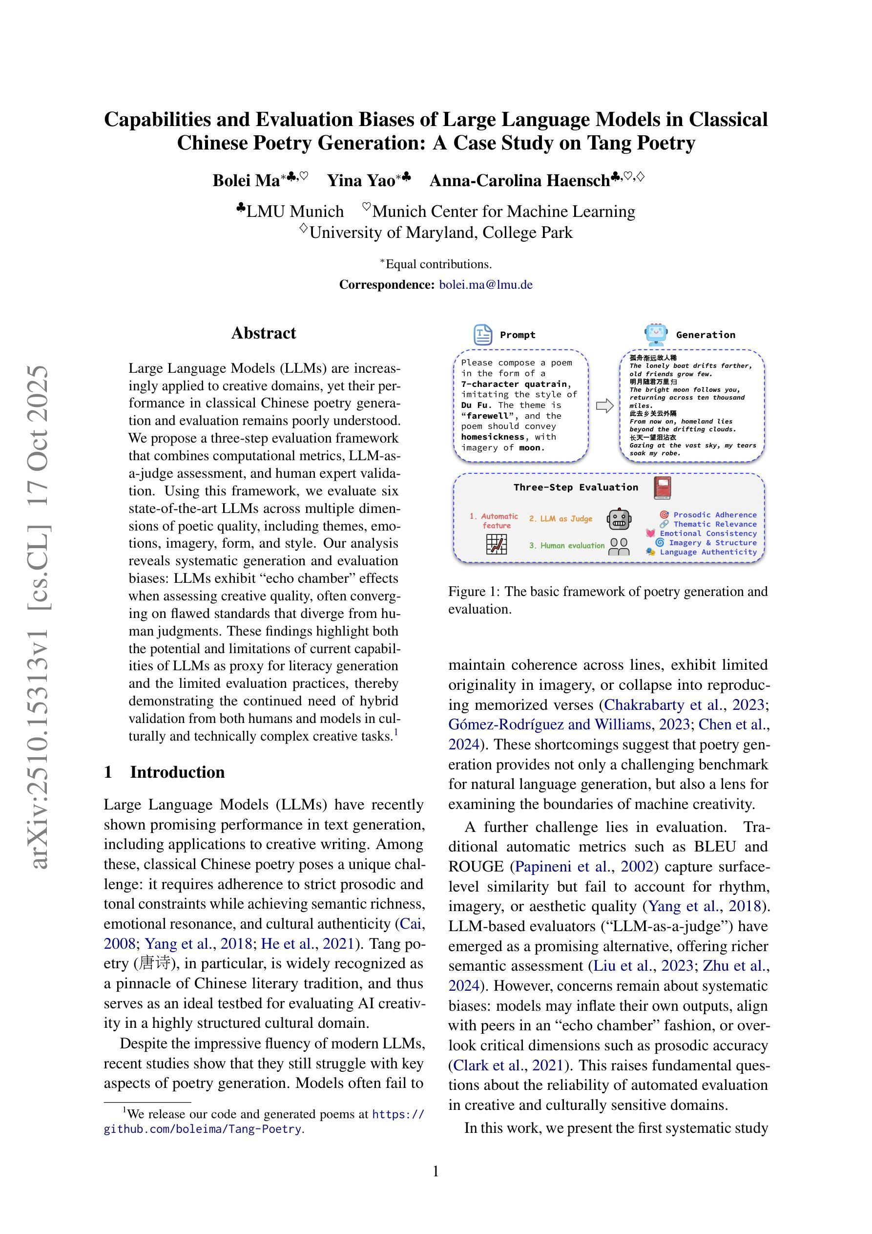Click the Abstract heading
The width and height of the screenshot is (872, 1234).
click(x=263, y=333)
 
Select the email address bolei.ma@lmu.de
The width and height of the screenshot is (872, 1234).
click(x=486, y=285)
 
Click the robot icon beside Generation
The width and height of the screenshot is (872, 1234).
click(x=656, y=334)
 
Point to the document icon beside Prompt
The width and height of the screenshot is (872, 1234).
click(x=482, y=334)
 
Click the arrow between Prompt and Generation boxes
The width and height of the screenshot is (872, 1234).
click(x=605, y=406)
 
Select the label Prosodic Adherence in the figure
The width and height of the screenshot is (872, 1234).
click(x=715, y=515)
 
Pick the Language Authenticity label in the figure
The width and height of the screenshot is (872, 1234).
click(x=708, y=552)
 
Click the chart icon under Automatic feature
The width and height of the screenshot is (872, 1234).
click(x=496, y=544)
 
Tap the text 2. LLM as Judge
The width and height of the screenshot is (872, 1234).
click(x=561, y=519)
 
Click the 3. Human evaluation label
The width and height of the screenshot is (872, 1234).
click(x=567, y=546)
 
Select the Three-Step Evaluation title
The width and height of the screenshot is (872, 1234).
click(x=576, y=488)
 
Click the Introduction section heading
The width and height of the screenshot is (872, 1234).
click(x=177, y=772)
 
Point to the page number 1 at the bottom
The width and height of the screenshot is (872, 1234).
click(x=436, y=1171)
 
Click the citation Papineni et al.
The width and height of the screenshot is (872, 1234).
click(x=565, y=867)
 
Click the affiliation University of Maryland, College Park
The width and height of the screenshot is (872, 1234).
click(x=440, y=233)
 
